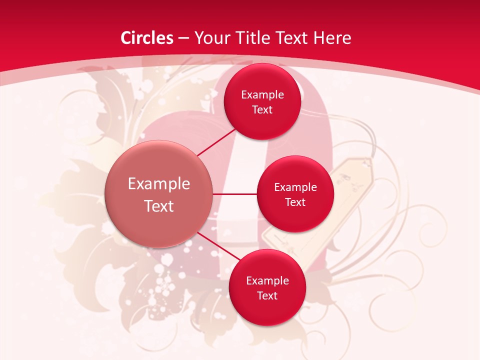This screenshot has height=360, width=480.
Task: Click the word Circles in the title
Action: click(147, 38)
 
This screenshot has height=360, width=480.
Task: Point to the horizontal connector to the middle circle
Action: click(235, 194)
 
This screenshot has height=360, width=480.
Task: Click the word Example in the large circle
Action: click(159, 184)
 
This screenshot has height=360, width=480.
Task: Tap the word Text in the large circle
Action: click(159, 206)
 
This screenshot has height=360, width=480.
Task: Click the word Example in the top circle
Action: click(262, 95)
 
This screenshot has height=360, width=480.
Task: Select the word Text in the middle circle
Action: click(295, 202)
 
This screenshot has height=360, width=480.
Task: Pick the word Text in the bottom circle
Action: click(267, 296)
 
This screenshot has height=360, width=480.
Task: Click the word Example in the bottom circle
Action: click(267, 281)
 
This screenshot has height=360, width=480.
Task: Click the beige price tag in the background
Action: click(350, 180)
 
